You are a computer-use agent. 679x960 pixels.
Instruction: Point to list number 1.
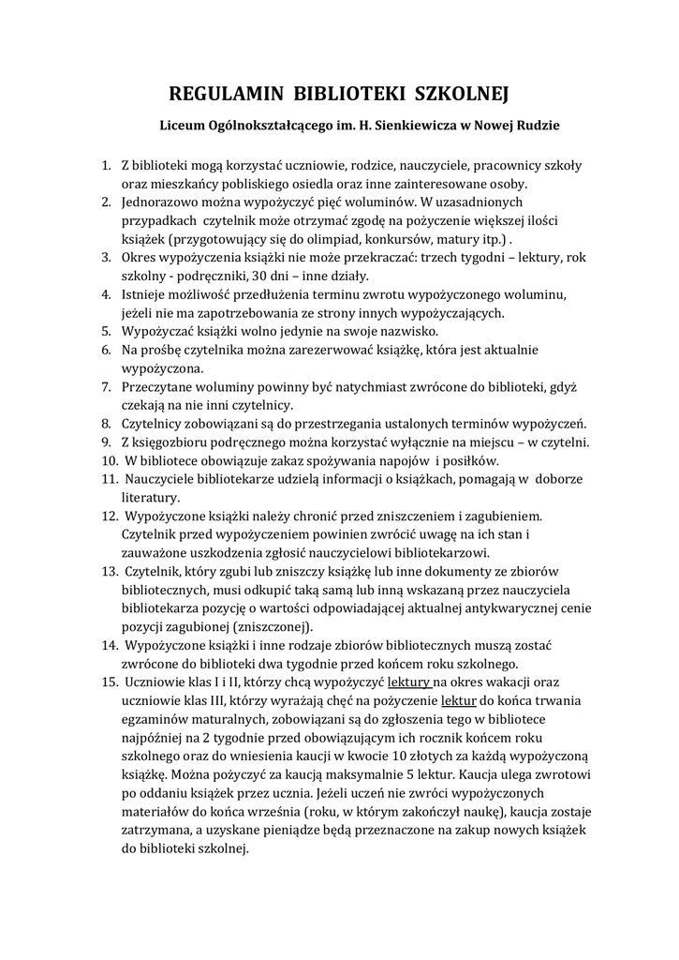click(x=106, y=166)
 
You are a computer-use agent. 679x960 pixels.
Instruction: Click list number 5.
click(x=106, y=331)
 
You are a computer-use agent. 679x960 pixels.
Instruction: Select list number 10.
click(x=109, y=460)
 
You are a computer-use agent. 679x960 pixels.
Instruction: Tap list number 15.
click(x=109, y=682)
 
